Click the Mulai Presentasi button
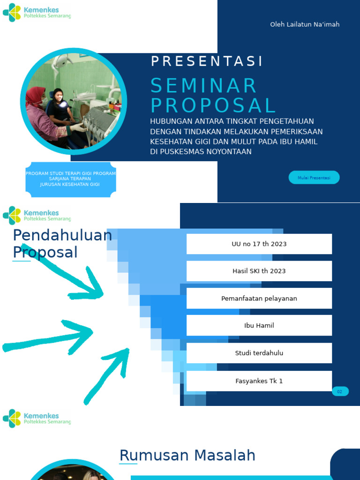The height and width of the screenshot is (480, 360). pos(314,178)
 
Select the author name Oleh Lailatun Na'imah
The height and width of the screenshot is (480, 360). pos(305,24)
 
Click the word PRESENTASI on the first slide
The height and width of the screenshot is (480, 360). pos(207,61)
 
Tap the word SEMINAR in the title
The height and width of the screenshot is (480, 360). pos(204,86)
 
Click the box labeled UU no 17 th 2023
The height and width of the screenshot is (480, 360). pos(259,244)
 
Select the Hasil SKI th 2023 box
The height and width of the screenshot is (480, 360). pos(259,271)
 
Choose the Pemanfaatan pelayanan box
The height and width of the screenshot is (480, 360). pos(259,299)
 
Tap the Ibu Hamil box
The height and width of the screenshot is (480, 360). pos(259,325)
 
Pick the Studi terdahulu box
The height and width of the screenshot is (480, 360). pos(259,353)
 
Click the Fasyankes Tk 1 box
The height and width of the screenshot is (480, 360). pos(259,381)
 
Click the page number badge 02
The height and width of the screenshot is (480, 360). pos(340,391)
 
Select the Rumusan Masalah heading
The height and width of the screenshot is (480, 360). pos(187,455)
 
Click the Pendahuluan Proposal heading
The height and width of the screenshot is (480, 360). pos(62,244)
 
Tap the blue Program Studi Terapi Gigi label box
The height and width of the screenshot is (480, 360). pos(71,179)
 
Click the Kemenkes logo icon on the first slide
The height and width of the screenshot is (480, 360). pos(12,13)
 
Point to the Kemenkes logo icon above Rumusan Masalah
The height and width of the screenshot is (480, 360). pos(12,419)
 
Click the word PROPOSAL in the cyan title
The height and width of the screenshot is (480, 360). pos(213,106)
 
